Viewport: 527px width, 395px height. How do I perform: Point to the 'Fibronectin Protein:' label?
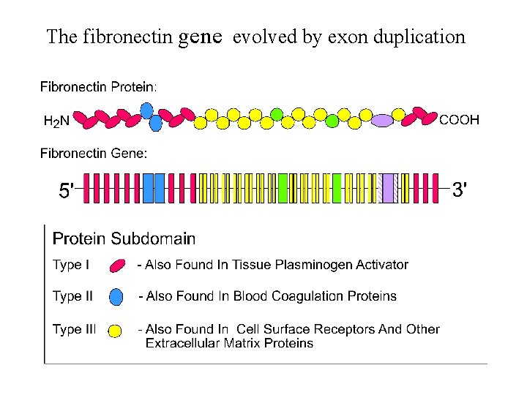98,87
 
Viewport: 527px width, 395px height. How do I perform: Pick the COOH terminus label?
459,119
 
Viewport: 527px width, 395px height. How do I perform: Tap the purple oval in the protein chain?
382,120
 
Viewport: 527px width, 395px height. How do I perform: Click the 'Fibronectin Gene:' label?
93,153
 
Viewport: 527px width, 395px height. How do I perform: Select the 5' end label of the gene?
66,192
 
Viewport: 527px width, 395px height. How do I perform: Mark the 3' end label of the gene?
459,191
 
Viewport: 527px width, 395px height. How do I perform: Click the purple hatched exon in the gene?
391,188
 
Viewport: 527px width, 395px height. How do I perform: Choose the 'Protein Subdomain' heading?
124,238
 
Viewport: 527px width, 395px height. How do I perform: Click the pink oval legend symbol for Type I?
116,266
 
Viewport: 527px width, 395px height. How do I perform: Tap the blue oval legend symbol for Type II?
116,296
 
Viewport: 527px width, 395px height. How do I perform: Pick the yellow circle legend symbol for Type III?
115,331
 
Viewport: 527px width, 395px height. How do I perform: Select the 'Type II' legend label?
72,296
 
